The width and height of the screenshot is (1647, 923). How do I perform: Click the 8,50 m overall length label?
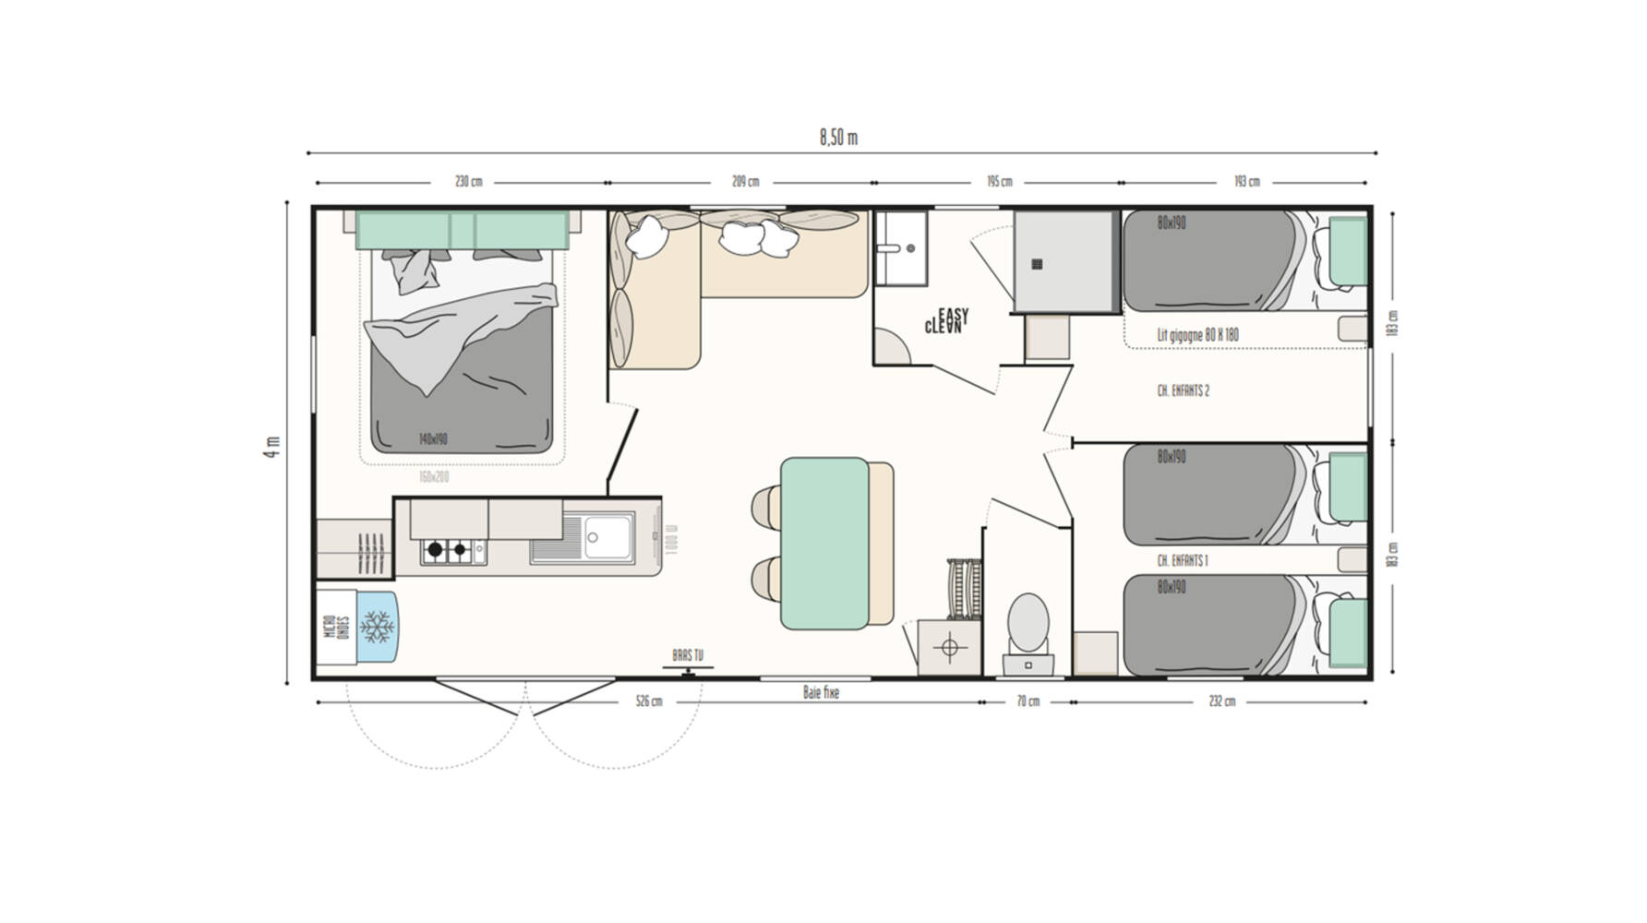pos(838,138)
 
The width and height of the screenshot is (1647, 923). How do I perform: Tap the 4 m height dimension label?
pos(272,447)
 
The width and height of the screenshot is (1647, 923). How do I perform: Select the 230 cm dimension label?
pos(468,181)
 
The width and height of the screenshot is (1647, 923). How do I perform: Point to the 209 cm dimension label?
pos(745,181)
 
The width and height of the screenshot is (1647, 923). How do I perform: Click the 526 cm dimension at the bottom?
pos(649,701)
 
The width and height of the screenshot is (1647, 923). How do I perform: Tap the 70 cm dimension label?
pos(1028,701)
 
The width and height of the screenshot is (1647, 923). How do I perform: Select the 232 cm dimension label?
pos(1221,701)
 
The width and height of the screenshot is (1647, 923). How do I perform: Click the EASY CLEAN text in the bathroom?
pos(946,321)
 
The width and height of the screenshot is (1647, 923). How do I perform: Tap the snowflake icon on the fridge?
pos(377,627)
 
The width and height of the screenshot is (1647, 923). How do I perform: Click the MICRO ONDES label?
pos(336,627)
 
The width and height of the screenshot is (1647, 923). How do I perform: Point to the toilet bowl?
pos(1028,623)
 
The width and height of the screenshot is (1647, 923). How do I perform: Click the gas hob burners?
pos(448,550)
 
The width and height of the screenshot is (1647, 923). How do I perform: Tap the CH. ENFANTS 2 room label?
pos(1183,390)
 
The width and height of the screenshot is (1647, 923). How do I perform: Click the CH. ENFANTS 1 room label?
pos(1182,560)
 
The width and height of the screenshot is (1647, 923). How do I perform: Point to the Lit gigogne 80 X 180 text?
pos(1197,335)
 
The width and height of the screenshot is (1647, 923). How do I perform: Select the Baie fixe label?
pos(821,692)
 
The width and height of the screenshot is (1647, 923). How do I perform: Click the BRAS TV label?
pos(688,654)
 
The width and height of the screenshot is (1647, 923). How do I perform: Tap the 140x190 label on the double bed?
pos(432,438)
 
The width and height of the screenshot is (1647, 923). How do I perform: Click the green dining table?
pos(824,543)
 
